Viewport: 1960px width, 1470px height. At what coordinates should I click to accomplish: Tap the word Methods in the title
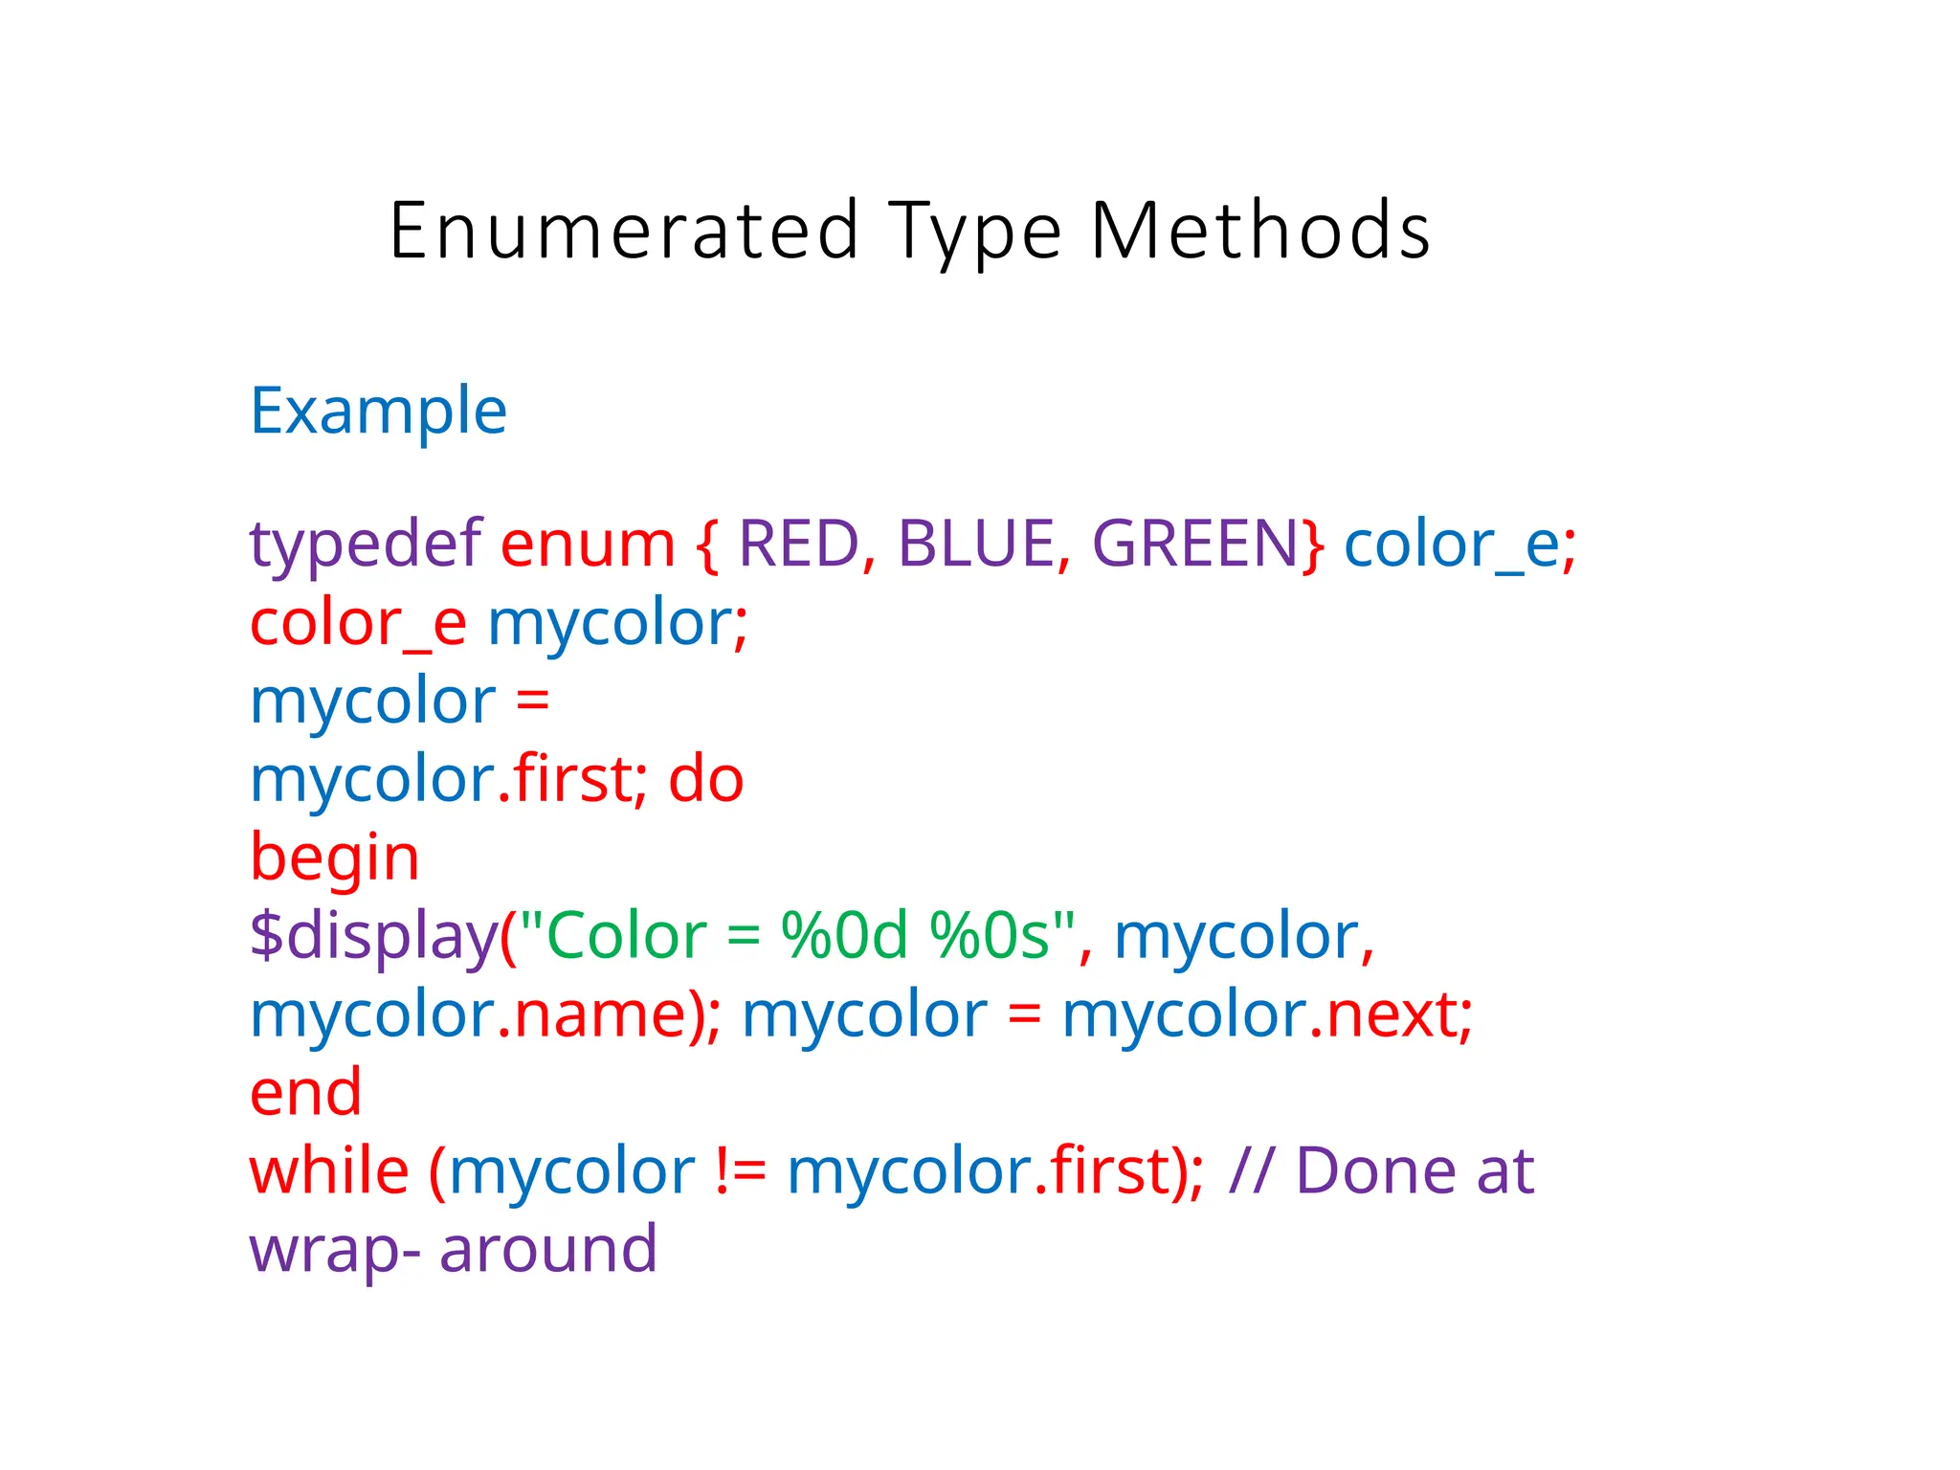[x=1259, y=231]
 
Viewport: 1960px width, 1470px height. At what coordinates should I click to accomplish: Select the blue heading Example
[x=378, y=412]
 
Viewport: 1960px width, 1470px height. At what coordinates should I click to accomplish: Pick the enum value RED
[x=799, y=544]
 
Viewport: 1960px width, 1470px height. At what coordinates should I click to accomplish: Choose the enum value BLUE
[x=975, y=544]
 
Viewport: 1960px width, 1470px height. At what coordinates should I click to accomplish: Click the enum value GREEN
[x=1194, y=544]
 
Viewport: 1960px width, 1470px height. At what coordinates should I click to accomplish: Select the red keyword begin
[x=334, y=858]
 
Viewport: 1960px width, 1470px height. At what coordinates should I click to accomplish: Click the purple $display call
[x=373, y=937]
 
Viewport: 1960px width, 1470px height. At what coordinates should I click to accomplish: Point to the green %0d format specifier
[x=844, y=935]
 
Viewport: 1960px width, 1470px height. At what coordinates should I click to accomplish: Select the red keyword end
[x=305, y=1093]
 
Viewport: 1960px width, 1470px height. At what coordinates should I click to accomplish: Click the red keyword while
[x=329, y=1170]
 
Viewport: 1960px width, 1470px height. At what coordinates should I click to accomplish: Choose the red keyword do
[x=705, y=779]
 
